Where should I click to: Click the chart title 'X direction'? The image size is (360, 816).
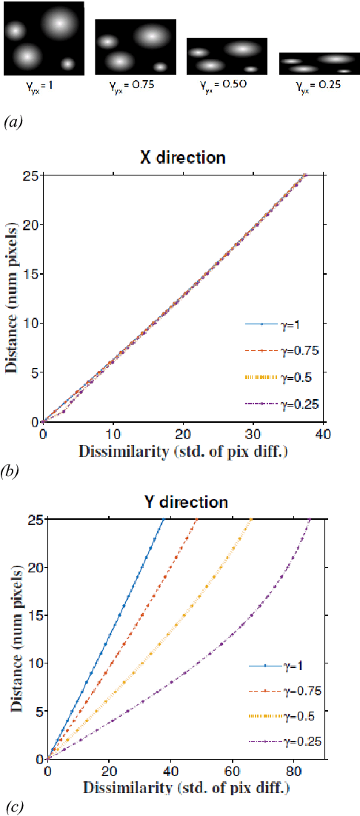pos(184,158)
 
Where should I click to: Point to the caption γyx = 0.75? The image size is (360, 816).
pos(135,84)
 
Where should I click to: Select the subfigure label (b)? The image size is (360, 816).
pos(13,468)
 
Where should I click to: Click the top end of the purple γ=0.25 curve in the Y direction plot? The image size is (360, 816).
pos(309,520)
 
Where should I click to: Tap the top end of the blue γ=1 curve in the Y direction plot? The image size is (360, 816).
pos(164,520)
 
